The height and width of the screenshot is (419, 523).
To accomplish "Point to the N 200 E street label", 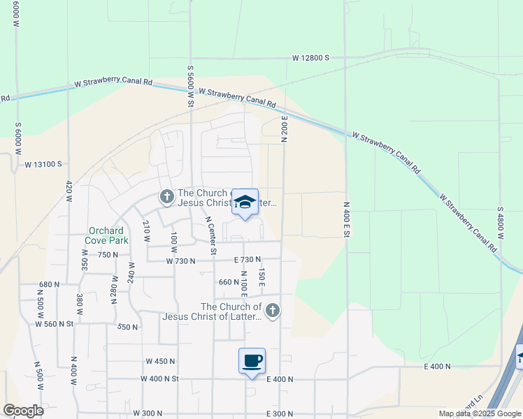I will coord(285,125).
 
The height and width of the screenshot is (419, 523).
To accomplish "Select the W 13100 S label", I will coord(43,165).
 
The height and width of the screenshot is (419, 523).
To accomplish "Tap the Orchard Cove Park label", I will coord(106,236).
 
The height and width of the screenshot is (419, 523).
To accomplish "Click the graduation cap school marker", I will coord(245,203).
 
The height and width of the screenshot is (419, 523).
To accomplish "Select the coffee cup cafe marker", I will coord(252,361).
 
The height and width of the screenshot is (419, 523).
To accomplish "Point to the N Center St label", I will coord(210,235).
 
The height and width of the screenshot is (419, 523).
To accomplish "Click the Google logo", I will coord(22,411).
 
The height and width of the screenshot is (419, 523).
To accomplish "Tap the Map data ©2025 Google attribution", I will coord(479,413).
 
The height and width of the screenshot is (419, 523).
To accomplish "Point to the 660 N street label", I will coord(229,283).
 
